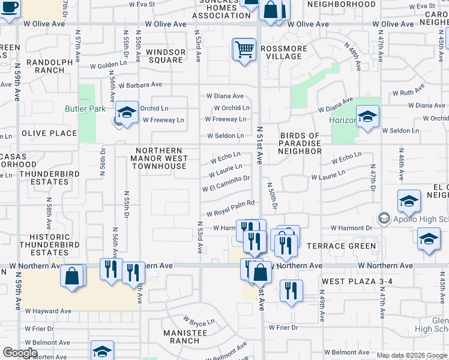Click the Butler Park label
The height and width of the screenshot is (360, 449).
click(85, 109)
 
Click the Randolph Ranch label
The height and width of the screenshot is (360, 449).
click(42, 65)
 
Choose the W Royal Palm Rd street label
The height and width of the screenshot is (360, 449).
click(231, 211)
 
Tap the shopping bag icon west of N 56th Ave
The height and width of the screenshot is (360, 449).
click(73, 277)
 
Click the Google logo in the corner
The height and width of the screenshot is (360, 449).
click(20, 353)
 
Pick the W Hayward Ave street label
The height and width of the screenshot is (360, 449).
click(48, 311)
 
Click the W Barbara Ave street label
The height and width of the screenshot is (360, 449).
click(140, 85)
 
